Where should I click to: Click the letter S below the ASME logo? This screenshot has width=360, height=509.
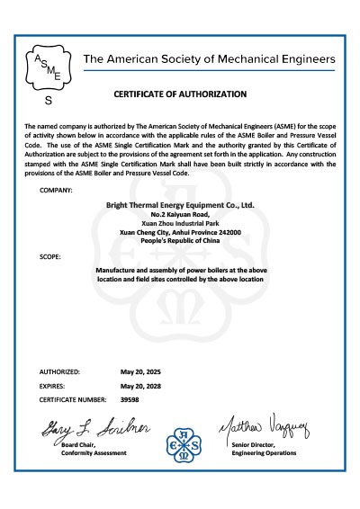tap(48, 101)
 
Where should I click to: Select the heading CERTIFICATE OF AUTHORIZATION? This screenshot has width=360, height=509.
tap(179, 94)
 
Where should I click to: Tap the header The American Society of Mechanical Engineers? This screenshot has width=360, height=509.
tap(209, 59)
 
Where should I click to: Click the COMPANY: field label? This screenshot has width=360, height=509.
tap(57, 191)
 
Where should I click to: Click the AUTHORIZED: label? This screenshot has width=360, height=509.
tap(60, 371)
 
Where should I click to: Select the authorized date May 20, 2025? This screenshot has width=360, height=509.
tap(139, 371)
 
